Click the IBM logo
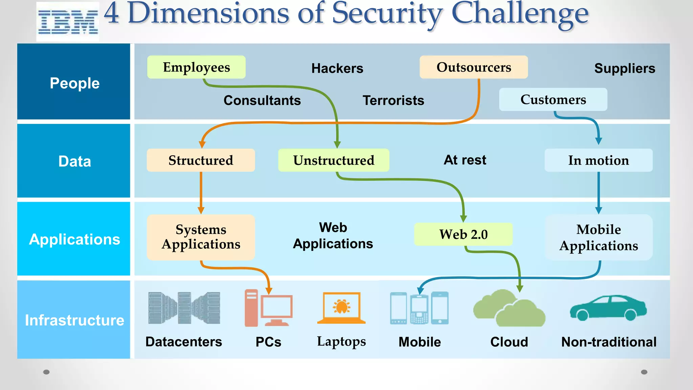(68, 22)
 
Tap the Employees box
(196, 67)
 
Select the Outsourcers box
(473, 67)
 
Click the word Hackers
(337, 68)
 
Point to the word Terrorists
(393, 101)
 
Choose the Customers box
(553, 100)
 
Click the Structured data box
(201, 160)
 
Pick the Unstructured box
(334, 160)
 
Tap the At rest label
(465, 160)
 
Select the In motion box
(598, 160)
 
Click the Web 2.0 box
(463, 234)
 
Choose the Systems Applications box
(201, 237)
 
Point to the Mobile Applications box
(598, 237)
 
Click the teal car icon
(608, 308)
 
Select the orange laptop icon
(341, 308)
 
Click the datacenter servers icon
(184, 308)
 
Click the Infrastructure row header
(74, 320)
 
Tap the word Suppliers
(624, 68)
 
